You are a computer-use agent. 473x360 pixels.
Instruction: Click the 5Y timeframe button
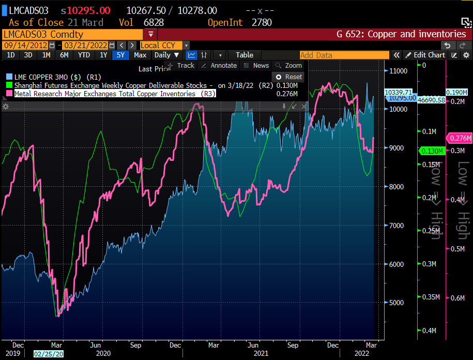pyautogui.click(x=120, y=55)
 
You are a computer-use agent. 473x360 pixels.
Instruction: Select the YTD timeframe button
pyautogui.click(x=84, y=55)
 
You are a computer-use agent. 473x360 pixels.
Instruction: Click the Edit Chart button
pyautogui.click(x=425, y=55)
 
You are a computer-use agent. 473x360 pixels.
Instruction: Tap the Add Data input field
pyautogui.click(x=344, y=55)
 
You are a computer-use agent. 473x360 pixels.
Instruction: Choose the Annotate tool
pyautogui.click(x=219, y=66)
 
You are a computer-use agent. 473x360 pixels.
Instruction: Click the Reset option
pyautogui.click(x=289, y=77)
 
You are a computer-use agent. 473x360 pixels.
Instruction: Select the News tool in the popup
pyautogui.click(x=256, y=66)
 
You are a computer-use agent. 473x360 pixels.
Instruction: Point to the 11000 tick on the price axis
pyautogui.click(x=399, y=70)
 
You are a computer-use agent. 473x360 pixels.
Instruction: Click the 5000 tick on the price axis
pyautogui.click(x=396, y=303)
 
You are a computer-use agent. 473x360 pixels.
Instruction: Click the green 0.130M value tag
pyautogui.click(x=431, y=151)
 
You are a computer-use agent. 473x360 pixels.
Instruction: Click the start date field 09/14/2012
pyautogui.click(x=26, y=45)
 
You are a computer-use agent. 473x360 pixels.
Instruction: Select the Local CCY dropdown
pyautogui.click(x=161, y=45)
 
